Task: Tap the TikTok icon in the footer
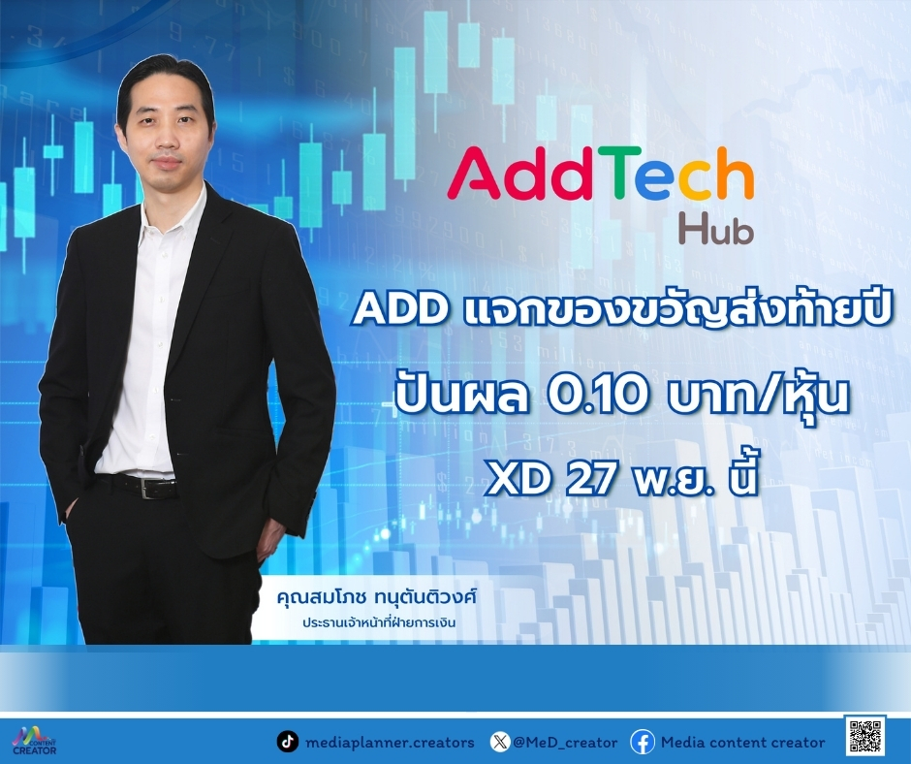(287, 742)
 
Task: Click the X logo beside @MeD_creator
(499, 742)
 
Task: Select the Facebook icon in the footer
(642, 742)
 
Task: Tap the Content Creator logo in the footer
(33, 740)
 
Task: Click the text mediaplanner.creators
(389, 742)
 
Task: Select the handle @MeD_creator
(565, 742)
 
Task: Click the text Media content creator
(742, 742)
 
